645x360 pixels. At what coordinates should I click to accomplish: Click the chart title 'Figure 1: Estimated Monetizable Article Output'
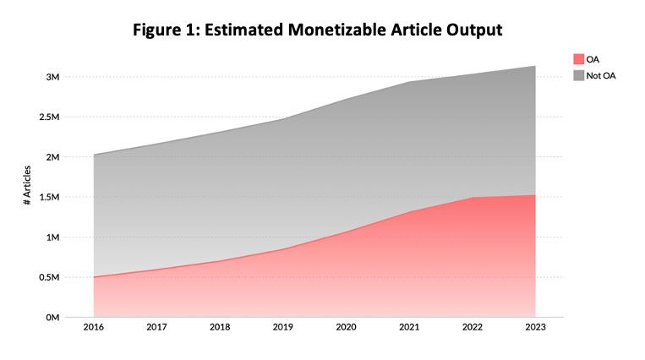coord(317,30)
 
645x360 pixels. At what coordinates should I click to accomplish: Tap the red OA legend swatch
coord(579,59)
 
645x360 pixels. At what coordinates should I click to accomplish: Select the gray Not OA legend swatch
coord(579,75)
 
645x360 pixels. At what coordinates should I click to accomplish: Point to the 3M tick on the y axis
coord(52,77)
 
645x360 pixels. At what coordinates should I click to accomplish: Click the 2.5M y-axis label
coord(49,117)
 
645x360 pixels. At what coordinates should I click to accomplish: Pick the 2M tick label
coord(52,156)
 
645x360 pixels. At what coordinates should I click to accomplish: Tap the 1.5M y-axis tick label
coord(49,197)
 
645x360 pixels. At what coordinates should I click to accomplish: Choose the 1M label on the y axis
coord(52,237)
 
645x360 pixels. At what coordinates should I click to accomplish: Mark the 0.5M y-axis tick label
coord(49,277)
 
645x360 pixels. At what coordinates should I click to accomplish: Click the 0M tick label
coord(52,317)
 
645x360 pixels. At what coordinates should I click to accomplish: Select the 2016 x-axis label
coord(94,327)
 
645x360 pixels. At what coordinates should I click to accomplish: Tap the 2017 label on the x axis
coord(156,327)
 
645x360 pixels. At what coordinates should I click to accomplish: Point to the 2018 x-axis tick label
coord(220,327)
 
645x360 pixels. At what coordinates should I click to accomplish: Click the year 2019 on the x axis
coord(283,327)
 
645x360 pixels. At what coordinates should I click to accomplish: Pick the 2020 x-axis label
coord(346,327)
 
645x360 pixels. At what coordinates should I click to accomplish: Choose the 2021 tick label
coord(409,327)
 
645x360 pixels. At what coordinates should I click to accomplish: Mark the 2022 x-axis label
coord(473,327)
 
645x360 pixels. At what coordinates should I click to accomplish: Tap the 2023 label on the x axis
coord(535,327)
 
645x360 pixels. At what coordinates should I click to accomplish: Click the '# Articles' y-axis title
coord(27,185)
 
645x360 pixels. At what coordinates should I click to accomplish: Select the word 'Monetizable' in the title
coord(337,30)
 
